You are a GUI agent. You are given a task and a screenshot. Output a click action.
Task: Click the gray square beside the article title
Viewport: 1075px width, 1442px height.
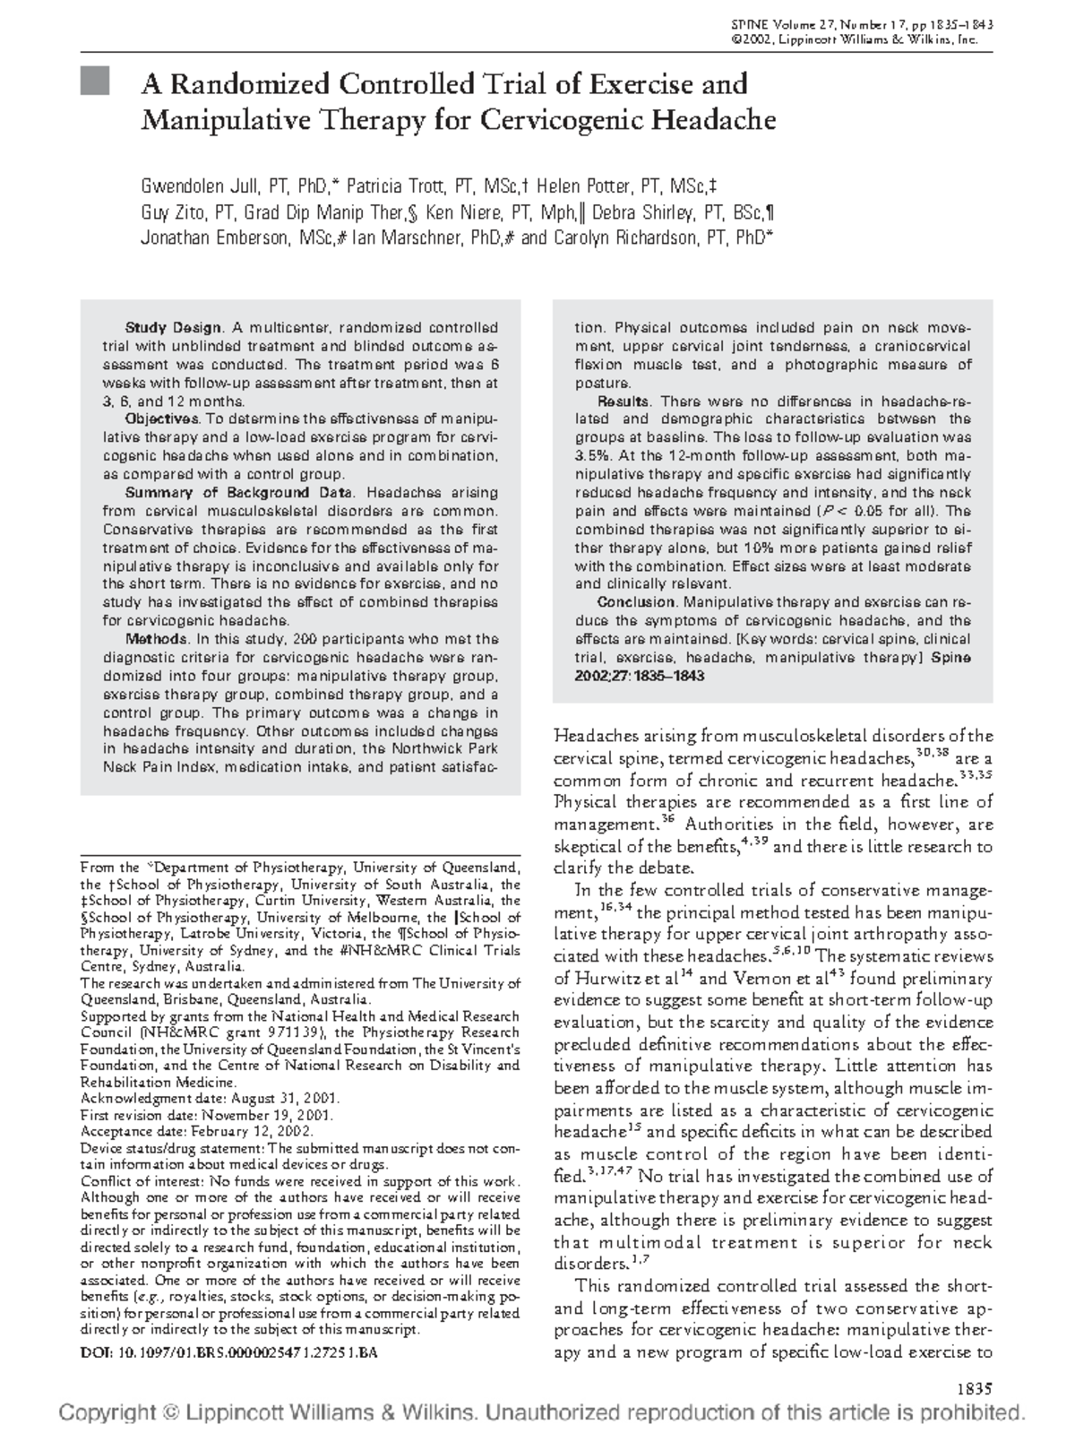click(x=94, y=82)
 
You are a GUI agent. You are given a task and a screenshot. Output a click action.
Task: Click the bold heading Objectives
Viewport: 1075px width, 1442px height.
click(x=161, y=419)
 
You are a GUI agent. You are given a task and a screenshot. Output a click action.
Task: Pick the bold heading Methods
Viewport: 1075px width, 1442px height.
click(x=156, y=639)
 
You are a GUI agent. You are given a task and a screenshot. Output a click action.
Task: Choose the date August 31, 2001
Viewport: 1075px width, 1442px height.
click(x=285, y=1098)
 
